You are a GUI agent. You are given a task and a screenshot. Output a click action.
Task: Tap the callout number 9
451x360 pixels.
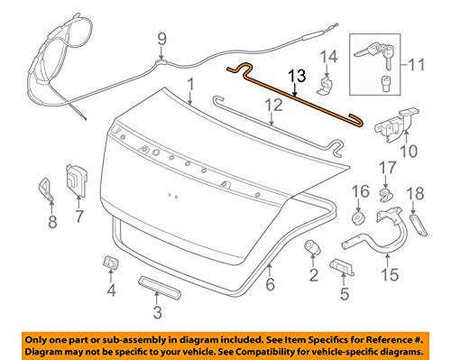point(162,38)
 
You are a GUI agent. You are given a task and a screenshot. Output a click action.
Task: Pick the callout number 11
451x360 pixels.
point(416,66)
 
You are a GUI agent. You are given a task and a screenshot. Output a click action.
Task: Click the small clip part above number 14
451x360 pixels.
point(327,83)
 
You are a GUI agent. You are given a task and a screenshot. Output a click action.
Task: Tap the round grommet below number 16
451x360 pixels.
point(358,217)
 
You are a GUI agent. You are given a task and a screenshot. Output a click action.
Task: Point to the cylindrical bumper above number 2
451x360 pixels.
point(314,248)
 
